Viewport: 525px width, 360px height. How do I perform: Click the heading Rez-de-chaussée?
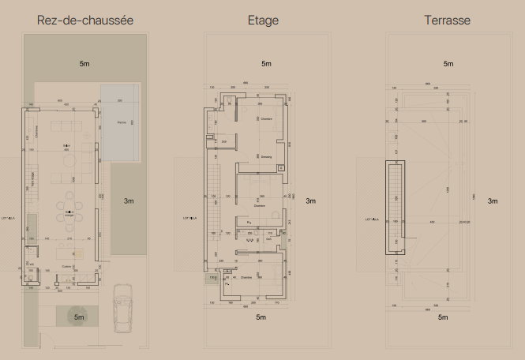pos(85,20)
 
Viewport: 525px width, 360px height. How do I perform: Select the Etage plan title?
pos(263,20)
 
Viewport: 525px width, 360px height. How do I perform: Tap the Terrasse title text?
pos(448,20)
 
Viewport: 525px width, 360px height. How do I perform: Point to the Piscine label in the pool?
pos(122,122)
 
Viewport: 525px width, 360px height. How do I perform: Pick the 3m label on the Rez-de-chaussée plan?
pos(129,201)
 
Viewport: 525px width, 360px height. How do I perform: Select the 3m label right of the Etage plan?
pos(311,201)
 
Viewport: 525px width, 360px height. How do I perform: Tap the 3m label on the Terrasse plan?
pos(493,201)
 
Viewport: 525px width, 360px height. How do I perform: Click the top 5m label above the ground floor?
pos(84,62)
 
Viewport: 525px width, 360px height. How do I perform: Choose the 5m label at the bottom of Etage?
pos(261,318)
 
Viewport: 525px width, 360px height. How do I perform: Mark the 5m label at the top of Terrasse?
pos(448,63)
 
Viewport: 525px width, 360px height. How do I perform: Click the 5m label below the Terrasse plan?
pos(443,317)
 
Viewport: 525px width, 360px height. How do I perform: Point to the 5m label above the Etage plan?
pos(266,63)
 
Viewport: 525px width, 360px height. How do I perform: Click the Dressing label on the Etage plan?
pos(266,157)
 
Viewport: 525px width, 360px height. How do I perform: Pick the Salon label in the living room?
pos(67,146)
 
